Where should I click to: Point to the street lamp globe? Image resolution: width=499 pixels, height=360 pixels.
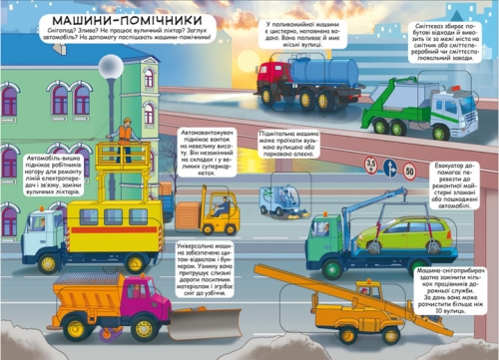tap(111, 66)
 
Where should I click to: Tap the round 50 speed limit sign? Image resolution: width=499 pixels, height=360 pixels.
tap(408, 171)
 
